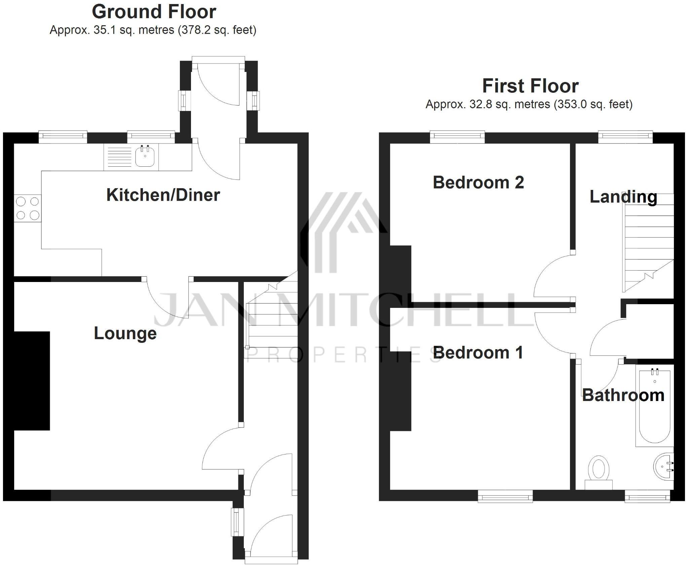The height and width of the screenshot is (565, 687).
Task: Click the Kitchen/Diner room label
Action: click(x=163, y=195)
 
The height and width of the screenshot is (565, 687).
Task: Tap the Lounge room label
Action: click(x=125, y=333)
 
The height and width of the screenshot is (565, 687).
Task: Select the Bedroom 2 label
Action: click(x=478, y=183)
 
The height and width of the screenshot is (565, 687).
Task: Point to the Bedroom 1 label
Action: click(x=478, y=353)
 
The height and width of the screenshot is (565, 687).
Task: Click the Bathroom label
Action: click(x=623, y=395)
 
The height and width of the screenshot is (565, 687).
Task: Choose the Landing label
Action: click(x=623, y=197)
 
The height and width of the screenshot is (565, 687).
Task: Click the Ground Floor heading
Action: click(x=154, y=12)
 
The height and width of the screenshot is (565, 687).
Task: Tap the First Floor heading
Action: click(x=530, y=86)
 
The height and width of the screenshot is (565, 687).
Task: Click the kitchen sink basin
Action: click(x=145, y=157)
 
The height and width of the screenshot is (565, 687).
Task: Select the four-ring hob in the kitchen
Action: click(x=28, y=208)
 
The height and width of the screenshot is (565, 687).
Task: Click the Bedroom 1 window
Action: click(x=505, y=496)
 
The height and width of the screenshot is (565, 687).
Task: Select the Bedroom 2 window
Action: click(x=457, y=136)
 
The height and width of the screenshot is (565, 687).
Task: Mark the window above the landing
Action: click(x=625, y=136)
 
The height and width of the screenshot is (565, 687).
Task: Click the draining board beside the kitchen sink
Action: click(x=118, y=157)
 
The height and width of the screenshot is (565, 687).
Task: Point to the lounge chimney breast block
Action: click(x=32, y=381)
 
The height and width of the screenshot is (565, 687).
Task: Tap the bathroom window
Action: click(x=647, y=496)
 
